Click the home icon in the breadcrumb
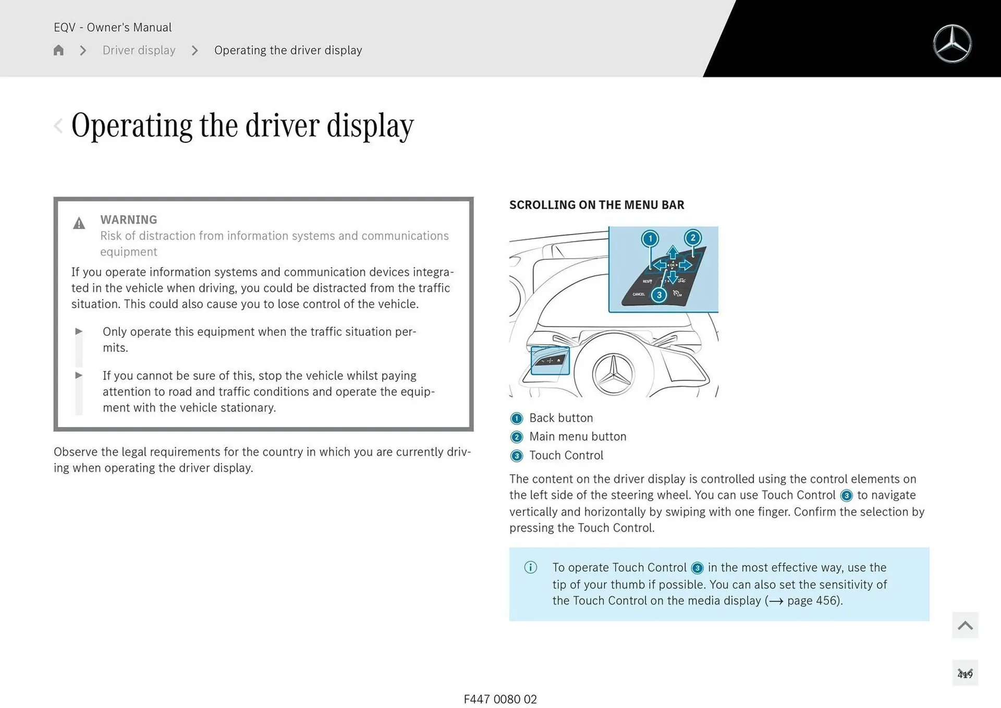coord(58,50)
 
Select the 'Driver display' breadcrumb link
coord(139,50)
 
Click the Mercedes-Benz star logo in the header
coord(952,44)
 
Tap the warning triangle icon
coord(79,224)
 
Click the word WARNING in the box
coord(128,219)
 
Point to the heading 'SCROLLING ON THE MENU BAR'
coord(596,205)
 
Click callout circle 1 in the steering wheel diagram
coord(650,239)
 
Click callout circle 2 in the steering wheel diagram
coord(692,238)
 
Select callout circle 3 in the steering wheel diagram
coord(659,295)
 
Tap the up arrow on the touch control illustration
coord(673,253)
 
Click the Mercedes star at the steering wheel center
coord(614,373)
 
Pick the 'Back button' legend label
coord(561,418)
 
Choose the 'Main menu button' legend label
coord(578,437)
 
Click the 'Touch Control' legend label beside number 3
coord(566,456)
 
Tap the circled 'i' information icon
coord(530,567)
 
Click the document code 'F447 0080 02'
coord(500,699)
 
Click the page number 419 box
coord(965,674)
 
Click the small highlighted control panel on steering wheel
coord(550,360)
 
